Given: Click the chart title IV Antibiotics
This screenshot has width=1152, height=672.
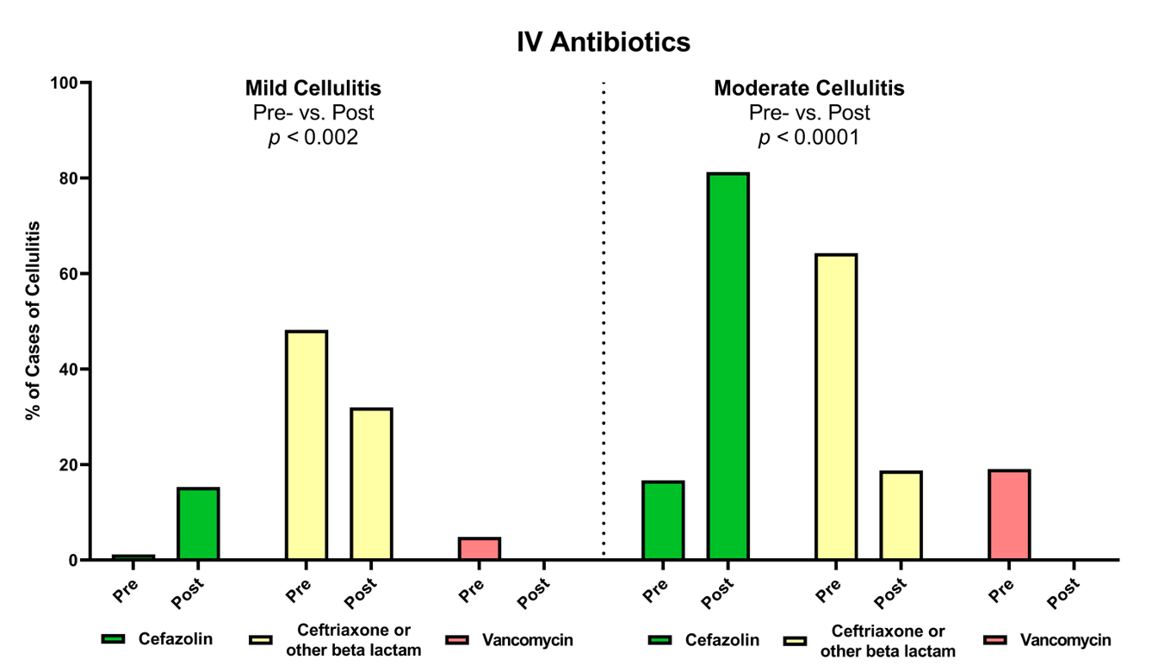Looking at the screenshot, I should click(x=604, y=41).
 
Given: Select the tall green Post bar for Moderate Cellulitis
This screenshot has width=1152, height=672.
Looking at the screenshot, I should click(x=728, y=366).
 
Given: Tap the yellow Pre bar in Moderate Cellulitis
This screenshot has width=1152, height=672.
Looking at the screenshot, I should click(x=835, y=407).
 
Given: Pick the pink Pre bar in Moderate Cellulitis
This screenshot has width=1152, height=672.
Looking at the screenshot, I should click(x=1009, y=514).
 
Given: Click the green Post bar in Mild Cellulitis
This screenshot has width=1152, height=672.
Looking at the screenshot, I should click(x=198, y=524).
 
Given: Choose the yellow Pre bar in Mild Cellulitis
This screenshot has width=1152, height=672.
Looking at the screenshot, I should click(x=307, y=445).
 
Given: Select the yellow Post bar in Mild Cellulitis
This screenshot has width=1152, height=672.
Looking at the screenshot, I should click(x=371, y=483).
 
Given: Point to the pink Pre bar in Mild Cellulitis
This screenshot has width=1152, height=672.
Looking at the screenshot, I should click(x=480, y=549).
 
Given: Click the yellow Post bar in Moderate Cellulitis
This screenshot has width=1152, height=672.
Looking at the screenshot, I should click(x=901, y=515).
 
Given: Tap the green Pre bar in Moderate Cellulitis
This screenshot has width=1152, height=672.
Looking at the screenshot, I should click(x=663, y=520).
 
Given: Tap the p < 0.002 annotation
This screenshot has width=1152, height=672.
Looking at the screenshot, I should click(x=313, y=138).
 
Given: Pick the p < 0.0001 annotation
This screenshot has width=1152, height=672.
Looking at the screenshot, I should click(x=808, y=138).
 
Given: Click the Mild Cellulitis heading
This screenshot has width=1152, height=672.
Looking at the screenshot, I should click(x=313, y=89).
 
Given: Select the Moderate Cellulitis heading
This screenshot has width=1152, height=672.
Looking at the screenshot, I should click(x=808, y=89).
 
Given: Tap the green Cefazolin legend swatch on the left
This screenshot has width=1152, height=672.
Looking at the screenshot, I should click(x=113, y=639).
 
